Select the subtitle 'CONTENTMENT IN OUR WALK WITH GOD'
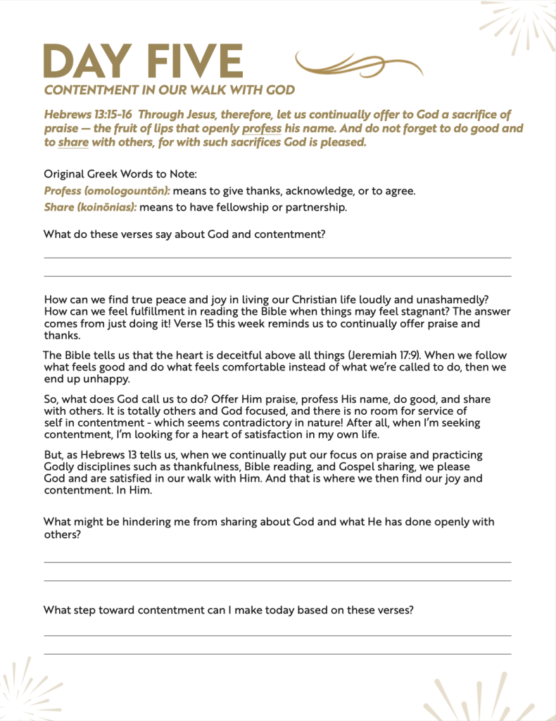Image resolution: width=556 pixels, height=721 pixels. tap(169, 90)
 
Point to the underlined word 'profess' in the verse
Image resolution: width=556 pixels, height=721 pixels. tap(262, 129)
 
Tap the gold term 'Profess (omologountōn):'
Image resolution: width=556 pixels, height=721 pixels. tap(107, 191)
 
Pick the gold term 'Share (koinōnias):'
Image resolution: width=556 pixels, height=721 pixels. tap(90, 207)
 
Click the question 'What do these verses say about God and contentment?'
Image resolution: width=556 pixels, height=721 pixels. tap(184, 234)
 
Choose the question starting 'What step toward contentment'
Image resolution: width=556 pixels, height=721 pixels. tap(228, 610)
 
